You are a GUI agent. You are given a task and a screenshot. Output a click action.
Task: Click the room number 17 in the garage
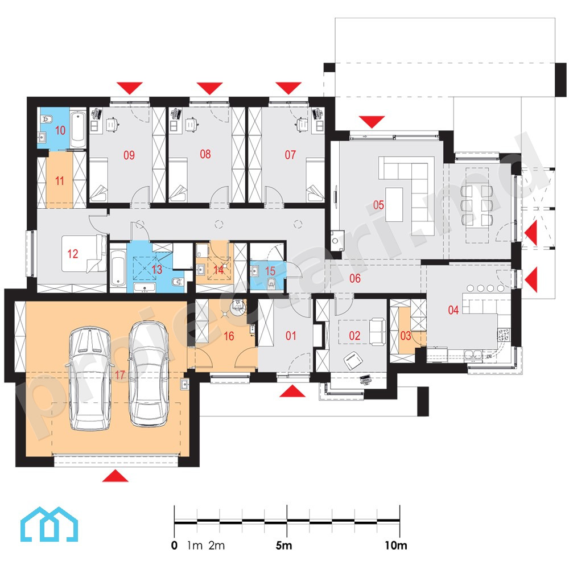[x=119, y=374]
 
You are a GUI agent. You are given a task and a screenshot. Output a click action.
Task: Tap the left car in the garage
[x=89, y=378]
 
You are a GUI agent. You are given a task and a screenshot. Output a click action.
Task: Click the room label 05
[x=378, y=205]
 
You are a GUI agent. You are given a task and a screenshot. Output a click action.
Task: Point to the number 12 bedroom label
[x=73, y=254]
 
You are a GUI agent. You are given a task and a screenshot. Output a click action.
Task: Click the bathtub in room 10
[x=78, y=130]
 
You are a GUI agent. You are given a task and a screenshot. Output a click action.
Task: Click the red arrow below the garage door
[x=116, y=476]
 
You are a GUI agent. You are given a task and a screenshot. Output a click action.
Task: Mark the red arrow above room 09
[x=130, y=88]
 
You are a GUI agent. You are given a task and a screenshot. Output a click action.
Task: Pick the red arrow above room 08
[x=209, y=88]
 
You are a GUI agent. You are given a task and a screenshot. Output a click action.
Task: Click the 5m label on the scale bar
[x=284, y=545]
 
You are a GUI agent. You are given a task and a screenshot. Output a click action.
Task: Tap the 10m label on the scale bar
[x=396, y=545]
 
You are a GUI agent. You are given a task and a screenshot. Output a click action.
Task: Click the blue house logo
[x=49, y=525]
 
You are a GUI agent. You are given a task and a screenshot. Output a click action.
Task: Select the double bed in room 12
[x=84, y=254]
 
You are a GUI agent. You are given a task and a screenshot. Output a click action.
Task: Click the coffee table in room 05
[x=394, y=204]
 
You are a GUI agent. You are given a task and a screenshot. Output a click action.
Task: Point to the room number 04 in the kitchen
[x=453, y=310]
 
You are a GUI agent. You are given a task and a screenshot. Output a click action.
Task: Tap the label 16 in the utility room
[x=229, y=336]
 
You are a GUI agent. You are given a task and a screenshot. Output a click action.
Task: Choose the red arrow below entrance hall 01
[x=292, y=391]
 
